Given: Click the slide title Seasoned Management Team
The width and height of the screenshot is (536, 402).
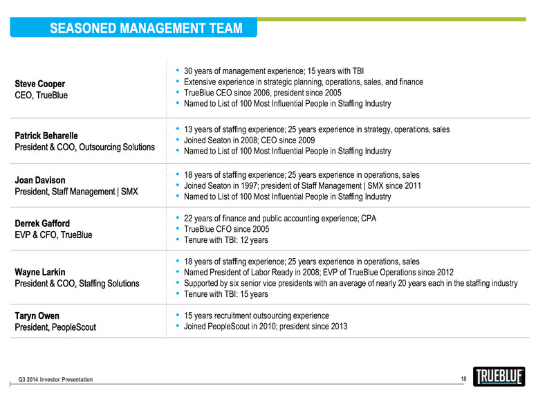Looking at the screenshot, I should (x=146, y=28).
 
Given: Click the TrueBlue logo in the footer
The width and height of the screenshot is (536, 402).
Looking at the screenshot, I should (x=499, y=376).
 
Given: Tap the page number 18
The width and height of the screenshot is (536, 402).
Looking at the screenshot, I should (x=463, y=378).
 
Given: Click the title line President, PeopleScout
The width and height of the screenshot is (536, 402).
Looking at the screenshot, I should (x=55, y=327).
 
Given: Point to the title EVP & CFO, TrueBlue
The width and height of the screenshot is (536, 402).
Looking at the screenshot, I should (x=53, y=235).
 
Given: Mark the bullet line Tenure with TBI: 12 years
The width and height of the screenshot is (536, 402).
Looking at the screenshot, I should (x=225, y=240).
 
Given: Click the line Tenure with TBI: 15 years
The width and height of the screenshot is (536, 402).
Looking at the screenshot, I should (x=225, y=294).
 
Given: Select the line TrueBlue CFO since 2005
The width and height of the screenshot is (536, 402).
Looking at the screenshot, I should (x=226, y=229).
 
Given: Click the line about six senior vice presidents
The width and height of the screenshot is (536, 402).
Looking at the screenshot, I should (x=351, y=283).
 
